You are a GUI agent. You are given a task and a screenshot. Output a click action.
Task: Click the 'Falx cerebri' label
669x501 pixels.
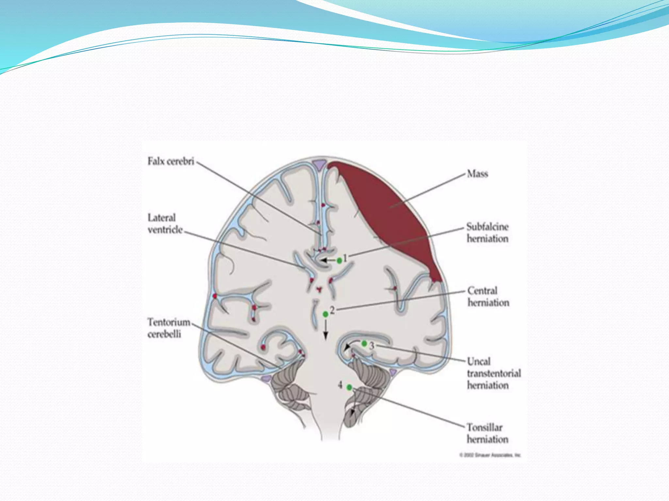(171, 161)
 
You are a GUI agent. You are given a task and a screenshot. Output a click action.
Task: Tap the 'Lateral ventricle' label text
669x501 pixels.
(165, 224)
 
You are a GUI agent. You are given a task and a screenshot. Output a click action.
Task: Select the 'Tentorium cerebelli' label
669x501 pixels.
(169, 328)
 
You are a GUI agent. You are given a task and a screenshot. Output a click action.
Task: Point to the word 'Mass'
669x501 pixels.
(477, 174)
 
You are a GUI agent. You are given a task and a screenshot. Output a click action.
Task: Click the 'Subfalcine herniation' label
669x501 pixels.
(487, 233)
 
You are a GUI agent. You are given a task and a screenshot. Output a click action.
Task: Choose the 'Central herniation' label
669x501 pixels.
(488, 297)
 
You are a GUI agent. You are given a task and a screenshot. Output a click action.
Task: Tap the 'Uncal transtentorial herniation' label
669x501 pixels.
(494, 373)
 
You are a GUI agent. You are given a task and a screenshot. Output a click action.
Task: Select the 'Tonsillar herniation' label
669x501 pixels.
(487, 433)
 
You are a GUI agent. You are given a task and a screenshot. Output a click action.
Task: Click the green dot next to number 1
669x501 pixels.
(339, 260)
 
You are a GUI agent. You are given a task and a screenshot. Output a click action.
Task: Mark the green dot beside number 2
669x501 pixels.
(325, 314)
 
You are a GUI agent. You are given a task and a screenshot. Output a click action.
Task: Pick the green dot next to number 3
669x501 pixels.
(364, 343)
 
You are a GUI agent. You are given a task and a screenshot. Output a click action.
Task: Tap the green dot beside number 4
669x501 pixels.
(349, 387)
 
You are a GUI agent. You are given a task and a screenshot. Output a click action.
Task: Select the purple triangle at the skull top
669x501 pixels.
(319, 164)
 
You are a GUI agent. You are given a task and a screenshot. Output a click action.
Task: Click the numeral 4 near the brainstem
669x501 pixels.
(340, 385)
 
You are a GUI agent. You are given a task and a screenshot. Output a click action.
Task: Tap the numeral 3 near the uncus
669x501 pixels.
(372, 346)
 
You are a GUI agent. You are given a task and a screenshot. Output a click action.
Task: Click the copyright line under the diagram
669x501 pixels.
(490, 455)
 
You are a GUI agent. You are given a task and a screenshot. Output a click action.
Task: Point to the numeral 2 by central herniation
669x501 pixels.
(332, 310)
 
